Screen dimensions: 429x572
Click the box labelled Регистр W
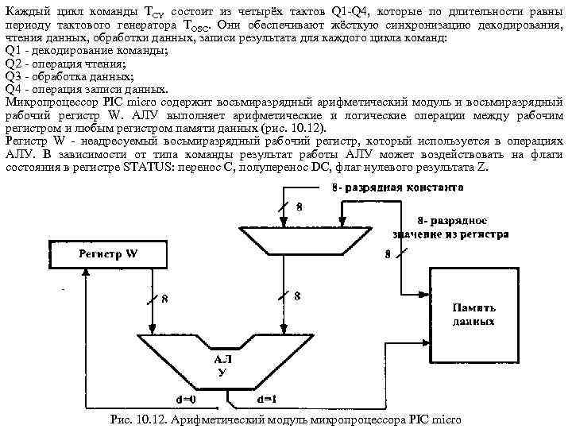coord(108,254)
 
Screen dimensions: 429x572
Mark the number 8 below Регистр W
coord(164,299)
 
